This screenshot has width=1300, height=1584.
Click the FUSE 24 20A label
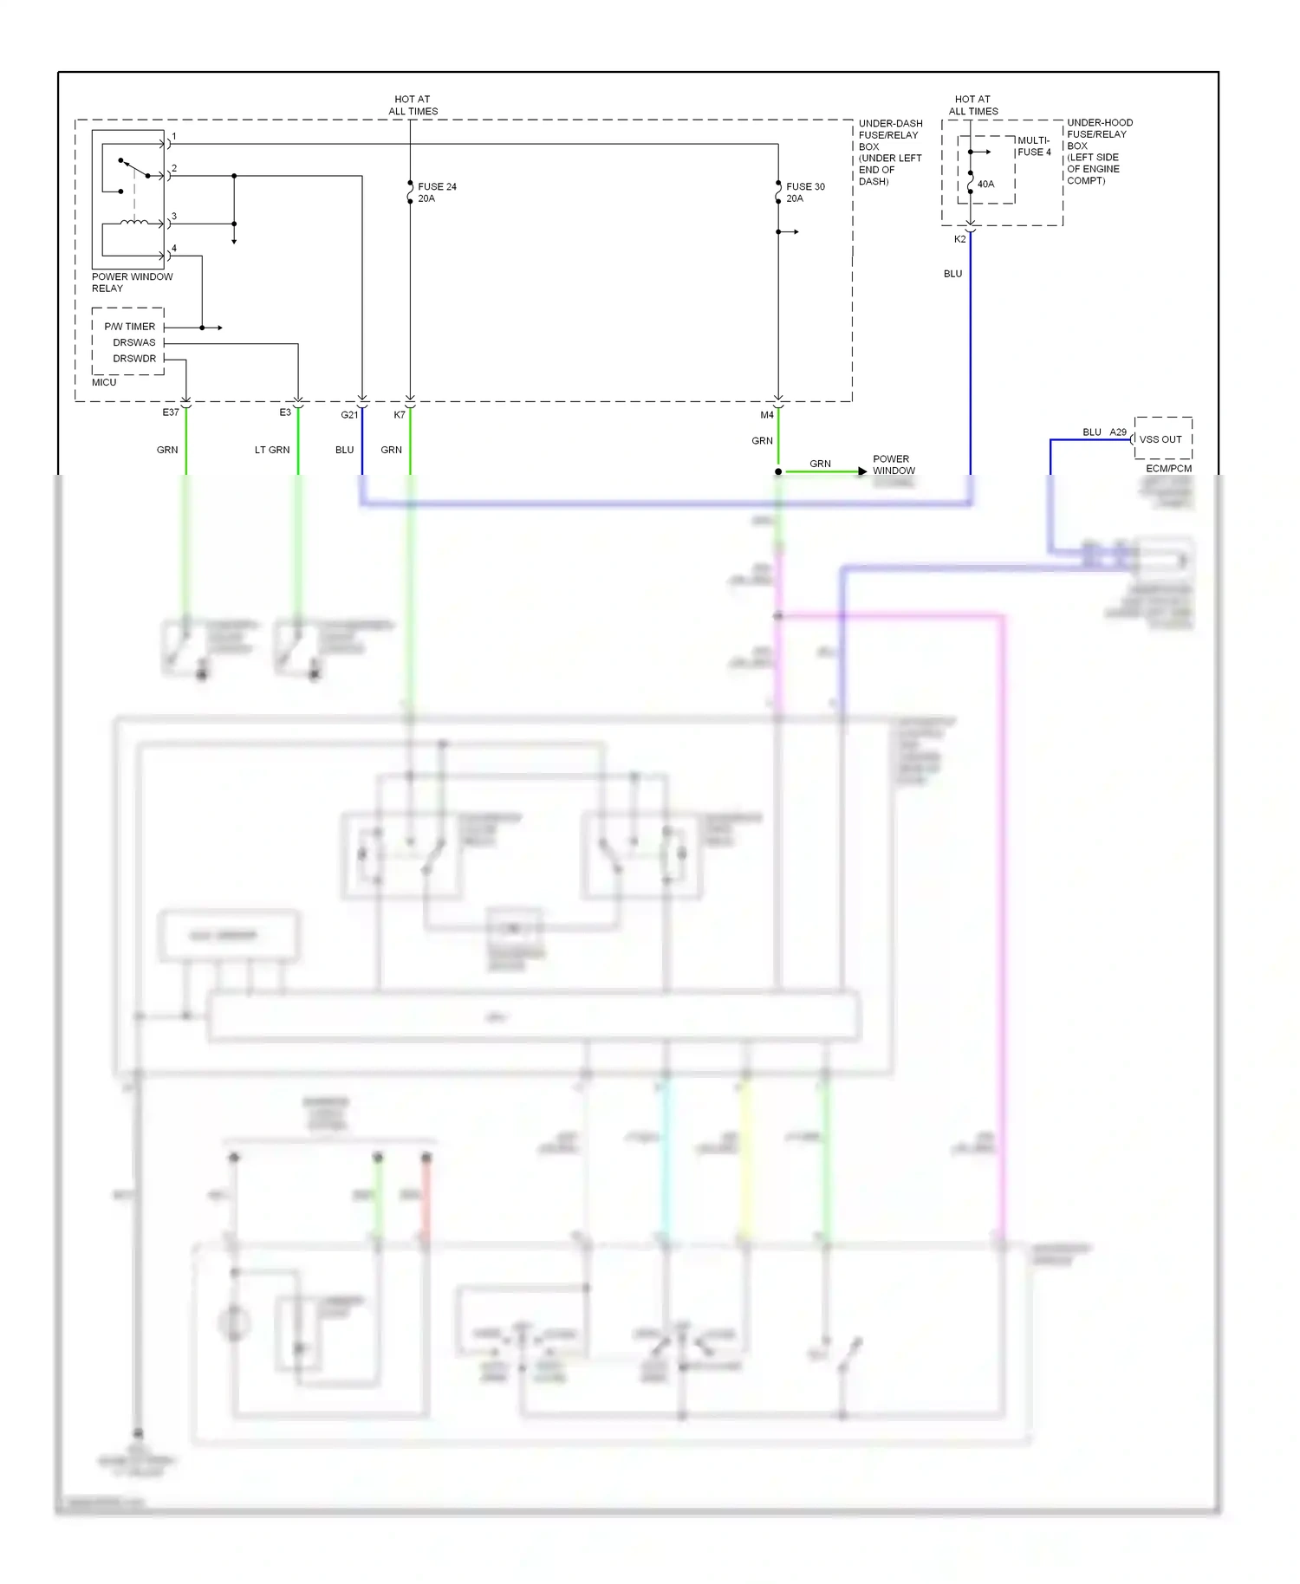(437, 192)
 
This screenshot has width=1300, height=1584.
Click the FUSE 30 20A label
(805, 192)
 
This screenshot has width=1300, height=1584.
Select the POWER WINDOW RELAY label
(132, 282)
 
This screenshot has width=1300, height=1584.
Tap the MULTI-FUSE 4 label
(1033, 146)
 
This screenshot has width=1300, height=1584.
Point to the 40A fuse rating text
(985, 184)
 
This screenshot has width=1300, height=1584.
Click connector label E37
(171, 412)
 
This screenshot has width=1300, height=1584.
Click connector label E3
(285, 412)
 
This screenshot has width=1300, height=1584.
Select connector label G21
(349, 415)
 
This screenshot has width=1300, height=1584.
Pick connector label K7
(400, 415)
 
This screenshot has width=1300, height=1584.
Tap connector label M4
(767, 415)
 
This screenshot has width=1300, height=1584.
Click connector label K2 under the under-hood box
(959, 239)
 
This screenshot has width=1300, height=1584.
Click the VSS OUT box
(1162, 439)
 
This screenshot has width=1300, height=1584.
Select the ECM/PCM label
(1168, 469)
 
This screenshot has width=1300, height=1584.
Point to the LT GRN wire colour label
(272, 450)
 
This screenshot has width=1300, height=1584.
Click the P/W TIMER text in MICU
(130, 327)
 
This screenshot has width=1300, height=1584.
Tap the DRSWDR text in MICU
(134, 359)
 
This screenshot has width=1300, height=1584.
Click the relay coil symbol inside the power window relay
(133, 223)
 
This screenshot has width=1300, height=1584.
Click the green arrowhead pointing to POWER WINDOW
(861, 471)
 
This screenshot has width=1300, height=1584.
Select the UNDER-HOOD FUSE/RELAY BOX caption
(1099, 152)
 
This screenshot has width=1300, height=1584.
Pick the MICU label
(104, 382)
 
